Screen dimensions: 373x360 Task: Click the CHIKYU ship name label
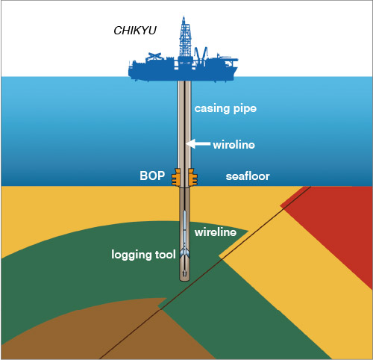click(x=135, y=31)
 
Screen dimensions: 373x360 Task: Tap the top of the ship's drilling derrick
click(x=184, y=17)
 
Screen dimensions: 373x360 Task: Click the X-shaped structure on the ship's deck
click(x=154, y=57)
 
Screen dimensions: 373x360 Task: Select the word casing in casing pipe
click(x=212, y=108)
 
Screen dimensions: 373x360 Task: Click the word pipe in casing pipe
click(x=245, y=110)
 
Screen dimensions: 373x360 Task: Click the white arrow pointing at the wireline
click(x=198, y=144)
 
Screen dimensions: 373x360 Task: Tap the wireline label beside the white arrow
click(x=233, y=145)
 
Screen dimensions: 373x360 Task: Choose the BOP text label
click(x=152, y=176)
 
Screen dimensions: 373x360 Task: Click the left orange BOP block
click(x=176, y=177)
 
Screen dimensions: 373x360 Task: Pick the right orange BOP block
click(x=192, y=177)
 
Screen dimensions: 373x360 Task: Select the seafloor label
click(x=248, y=176)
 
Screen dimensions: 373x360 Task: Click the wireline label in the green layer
click(x=216, y=232)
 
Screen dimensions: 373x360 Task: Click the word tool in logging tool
click(x=166, y=255)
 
